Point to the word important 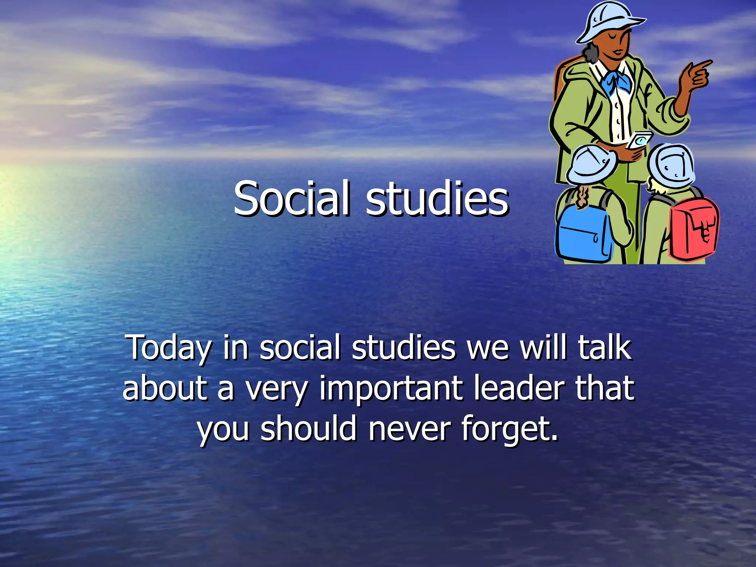[x=391, y=388]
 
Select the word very [x=276, y=389]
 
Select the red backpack [x=694, y=229]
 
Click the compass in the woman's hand [x=640, y=141]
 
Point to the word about [x=165, y=388]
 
